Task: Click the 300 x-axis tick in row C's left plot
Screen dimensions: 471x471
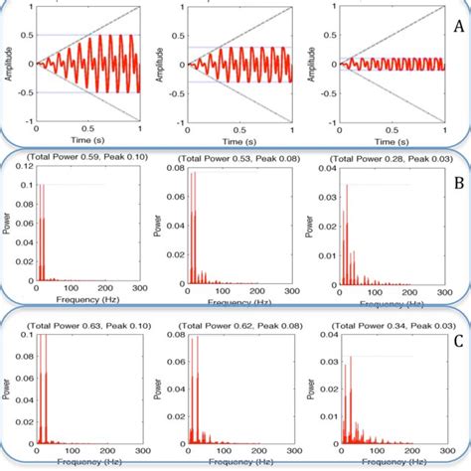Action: pos(136,452)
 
